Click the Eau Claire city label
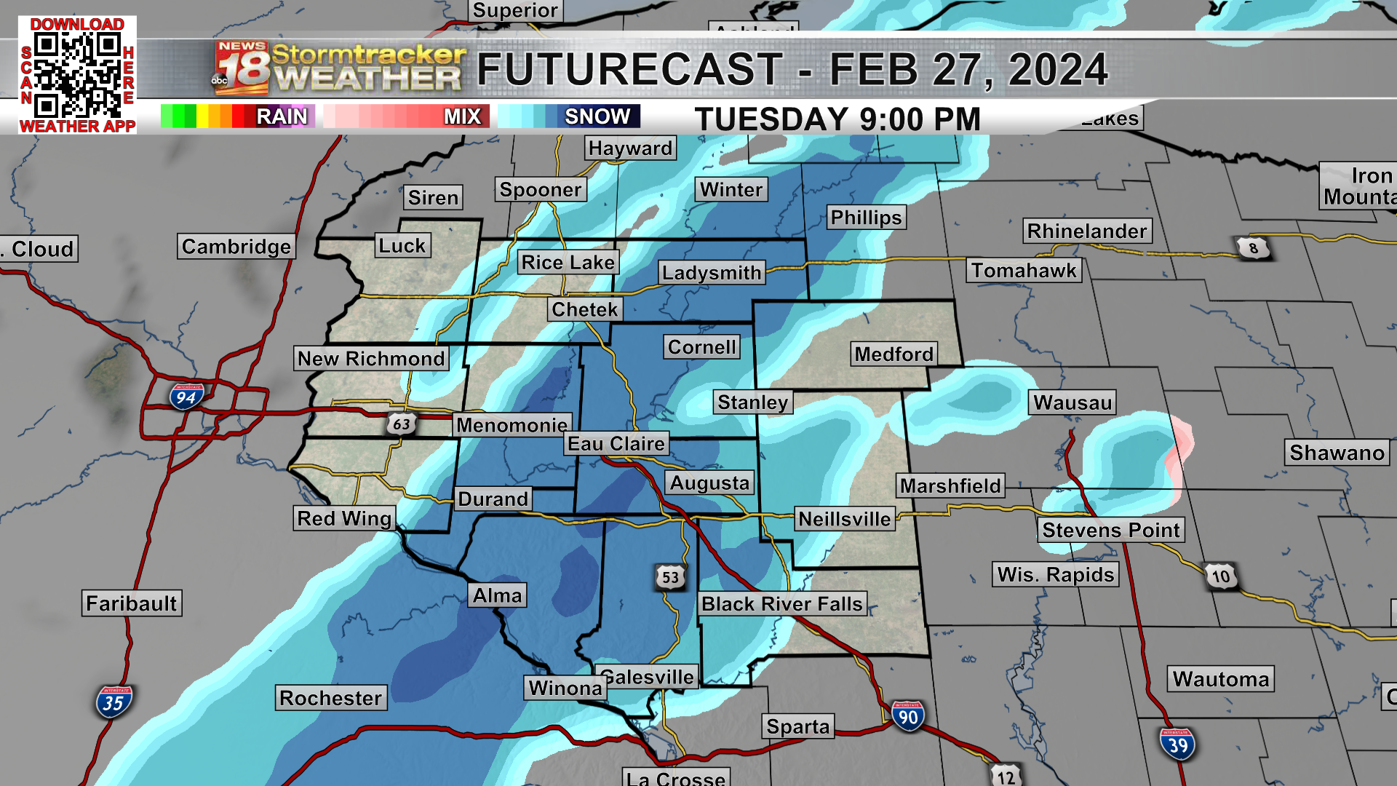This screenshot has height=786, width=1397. pos(616,444)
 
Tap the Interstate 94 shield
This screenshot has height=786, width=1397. pos(186,397)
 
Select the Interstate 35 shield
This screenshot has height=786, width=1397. pos(114,702)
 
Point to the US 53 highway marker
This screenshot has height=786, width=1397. pos(670,577)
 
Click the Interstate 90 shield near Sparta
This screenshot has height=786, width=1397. pos(907,717)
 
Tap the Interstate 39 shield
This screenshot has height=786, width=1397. pos(1177,745)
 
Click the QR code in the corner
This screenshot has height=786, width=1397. pos(77,75)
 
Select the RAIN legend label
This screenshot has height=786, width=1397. pos(282,116)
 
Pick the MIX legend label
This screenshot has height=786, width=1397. pos(462,116)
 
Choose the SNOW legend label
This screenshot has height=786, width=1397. pos(597,116)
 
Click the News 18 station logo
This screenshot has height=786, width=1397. pos(242,69)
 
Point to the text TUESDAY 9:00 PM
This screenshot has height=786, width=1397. pos(837,119)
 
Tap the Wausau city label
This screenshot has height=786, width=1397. pos(1072,402)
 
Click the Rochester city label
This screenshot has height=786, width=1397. pos(330,698)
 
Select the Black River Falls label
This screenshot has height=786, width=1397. pos(781,603)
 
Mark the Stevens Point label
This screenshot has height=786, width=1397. pos(1110,530)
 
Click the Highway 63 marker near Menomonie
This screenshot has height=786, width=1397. pos(401,424)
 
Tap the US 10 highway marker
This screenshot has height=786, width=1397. pos(1221,576)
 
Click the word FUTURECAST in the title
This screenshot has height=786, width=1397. pos(629,70)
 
